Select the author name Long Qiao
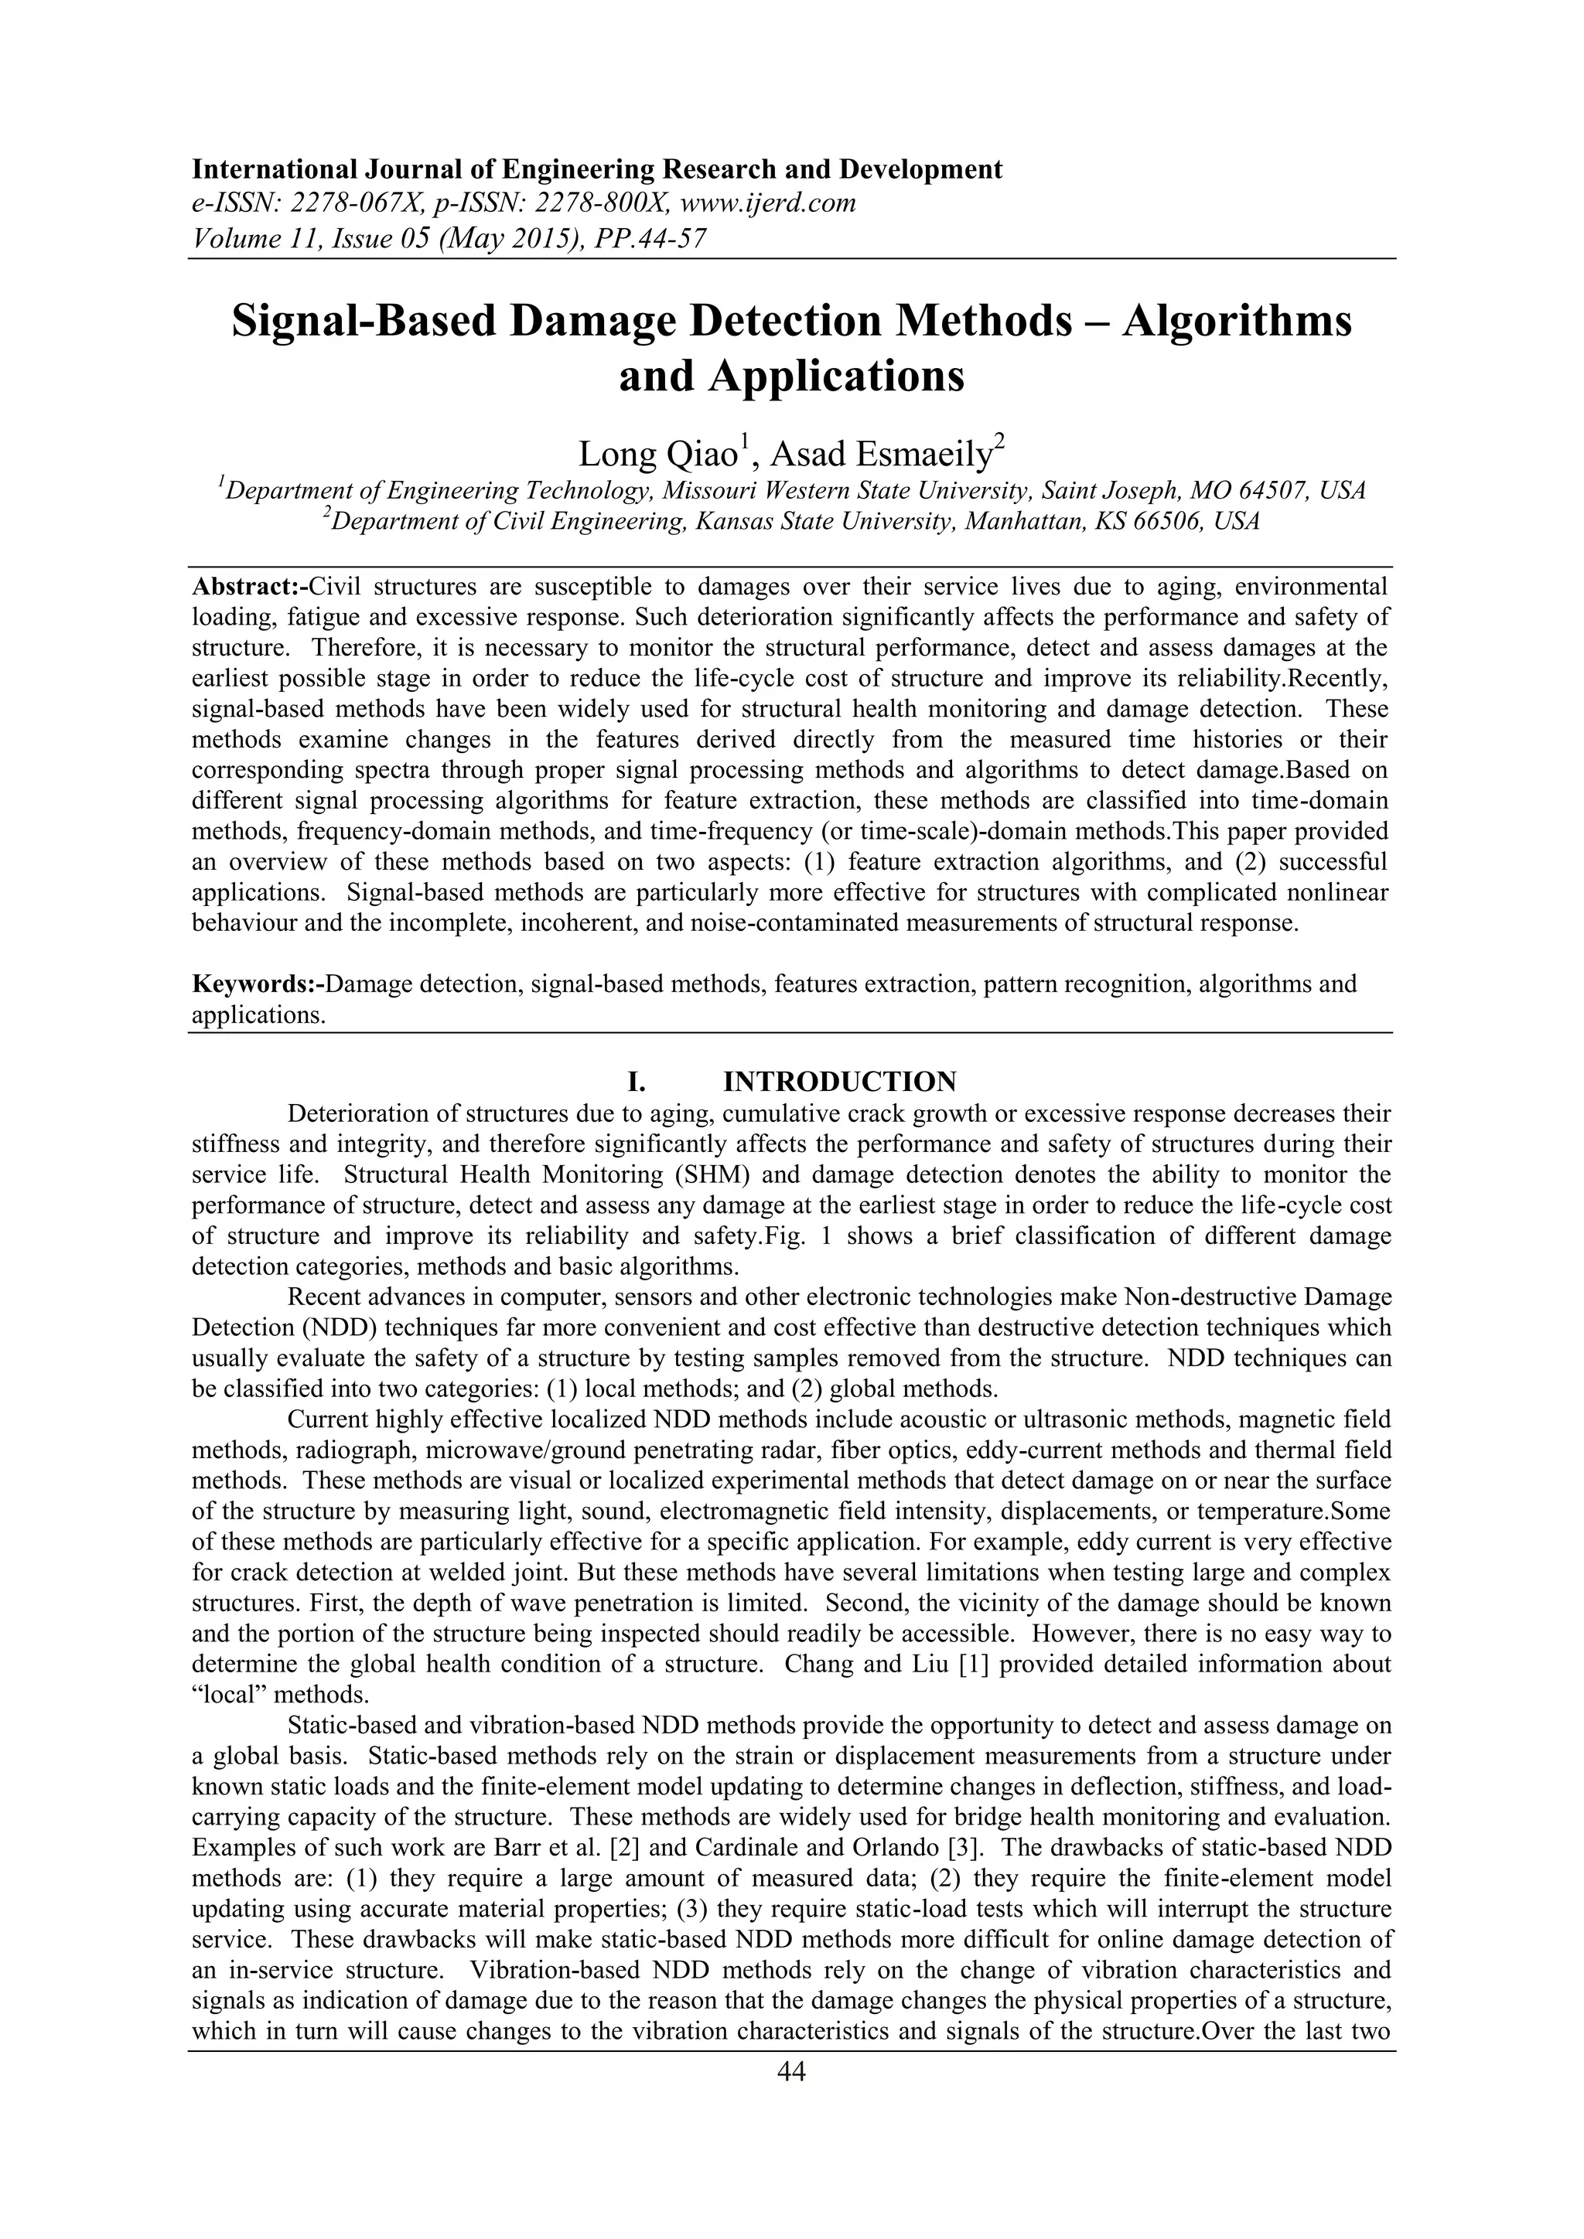pos(657,454)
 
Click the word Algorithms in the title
pos(1237,321)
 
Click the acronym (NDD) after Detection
pos(336,1327)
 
